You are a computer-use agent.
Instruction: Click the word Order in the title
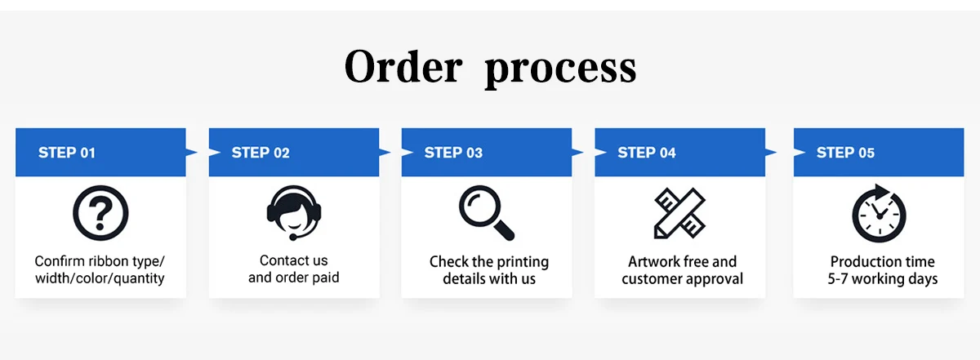[x=403, y=67]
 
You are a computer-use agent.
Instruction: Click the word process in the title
[x=560, y=70]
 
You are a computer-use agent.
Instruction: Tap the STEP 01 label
[x=67, y=153]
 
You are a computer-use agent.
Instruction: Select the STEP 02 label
[x=261, y=153]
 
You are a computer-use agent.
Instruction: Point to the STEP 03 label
[x=453, y=153]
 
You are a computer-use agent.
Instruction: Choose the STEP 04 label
[x=647, y=153]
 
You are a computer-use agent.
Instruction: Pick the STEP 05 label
[x=845, y=153]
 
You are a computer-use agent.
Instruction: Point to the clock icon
[x=879, y=214]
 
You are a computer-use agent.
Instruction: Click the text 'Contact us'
[x=293, y=260]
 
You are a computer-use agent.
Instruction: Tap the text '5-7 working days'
[x=882, y=279]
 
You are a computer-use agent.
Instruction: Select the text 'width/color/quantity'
[x=100, y=279]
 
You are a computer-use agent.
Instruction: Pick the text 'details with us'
[x=489, y=279]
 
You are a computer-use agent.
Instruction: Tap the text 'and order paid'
[x=293, y=278]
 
